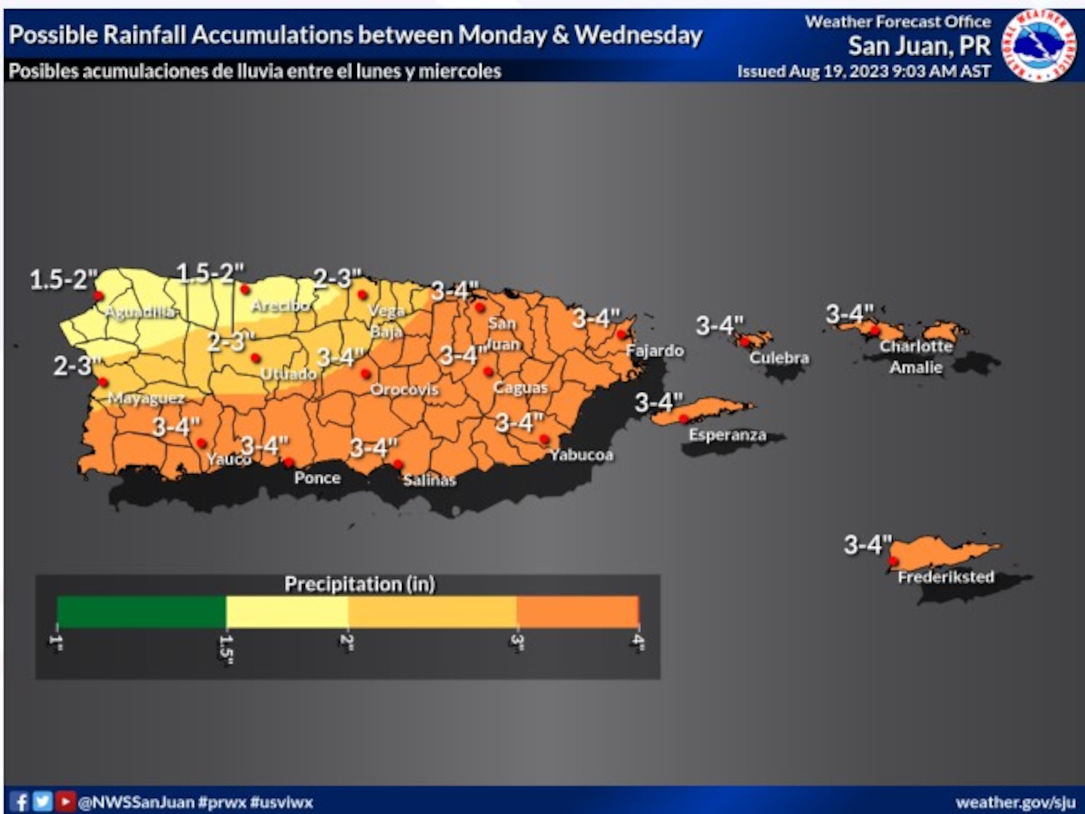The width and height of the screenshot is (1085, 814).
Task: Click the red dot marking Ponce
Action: [x=289, y=462]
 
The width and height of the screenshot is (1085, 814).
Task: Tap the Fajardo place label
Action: [x=655, y=351]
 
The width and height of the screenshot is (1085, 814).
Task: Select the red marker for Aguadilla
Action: [x=98, y=296]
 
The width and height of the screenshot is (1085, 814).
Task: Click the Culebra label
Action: [x=779, y=358]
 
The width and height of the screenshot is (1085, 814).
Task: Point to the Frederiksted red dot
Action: [x=893, y=561]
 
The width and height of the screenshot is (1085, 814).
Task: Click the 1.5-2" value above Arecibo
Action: [x=210, y=273]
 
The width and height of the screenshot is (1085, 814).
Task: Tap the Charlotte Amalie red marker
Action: [x=875, y=331]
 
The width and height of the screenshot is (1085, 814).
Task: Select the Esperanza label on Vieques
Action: [x=727, y=435]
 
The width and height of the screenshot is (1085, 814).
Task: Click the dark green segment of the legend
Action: [x=141, y=611]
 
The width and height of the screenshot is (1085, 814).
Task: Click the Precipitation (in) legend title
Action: [x=359, y=584]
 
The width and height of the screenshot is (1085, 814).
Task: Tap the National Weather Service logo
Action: [x=1038, y=46]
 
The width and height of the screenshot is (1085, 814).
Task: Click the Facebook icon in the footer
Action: [x=19, y=802]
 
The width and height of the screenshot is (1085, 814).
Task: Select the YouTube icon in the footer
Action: [x=65, y=802]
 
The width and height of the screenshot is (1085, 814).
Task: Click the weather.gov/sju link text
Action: [x=1015, y=803]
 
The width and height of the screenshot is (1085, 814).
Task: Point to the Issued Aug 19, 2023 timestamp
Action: [x=864, y=72]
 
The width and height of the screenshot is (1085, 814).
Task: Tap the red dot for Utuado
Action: [x=255, y=358]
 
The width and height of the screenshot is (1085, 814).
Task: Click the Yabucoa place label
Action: [x=581, y=455]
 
